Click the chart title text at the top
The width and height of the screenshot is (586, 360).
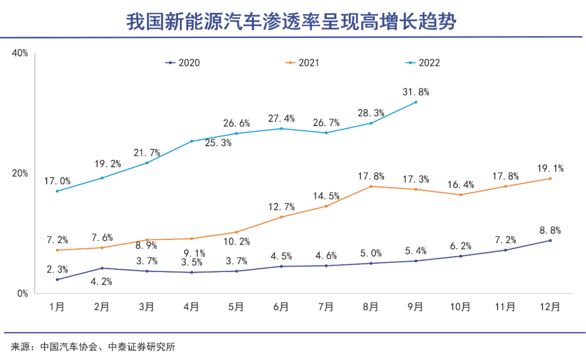click(293, 22)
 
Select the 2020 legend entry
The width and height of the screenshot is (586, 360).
click(183, 62)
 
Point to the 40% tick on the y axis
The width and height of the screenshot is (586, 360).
click(20, 53)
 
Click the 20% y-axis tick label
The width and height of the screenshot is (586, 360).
click(20, 173)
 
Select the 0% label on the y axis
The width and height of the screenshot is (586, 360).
click(22, 294)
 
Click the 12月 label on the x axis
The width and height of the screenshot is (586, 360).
click(550, 307)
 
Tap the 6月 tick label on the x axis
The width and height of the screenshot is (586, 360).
click(281, 307)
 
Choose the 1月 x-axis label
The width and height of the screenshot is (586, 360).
click(57, 307)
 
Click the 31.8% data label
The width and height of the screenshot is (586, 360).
click(416, 92)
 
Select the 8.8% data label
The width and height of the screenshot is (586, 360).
click(550, 230)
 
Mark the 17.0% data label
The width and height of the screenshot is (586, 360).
click(57, 181)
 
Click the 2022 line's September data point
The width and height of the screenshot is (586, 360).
click(416, 102)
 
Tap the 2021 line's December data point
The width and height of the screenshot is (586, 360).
click(550, 179)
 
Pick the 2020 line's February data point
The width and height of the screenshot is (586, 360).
click(102, 268)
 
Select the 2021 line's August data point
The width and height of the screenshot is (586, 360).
click(371, 186)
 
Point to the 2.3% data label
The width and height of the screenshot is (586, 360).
click(57, 269)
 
